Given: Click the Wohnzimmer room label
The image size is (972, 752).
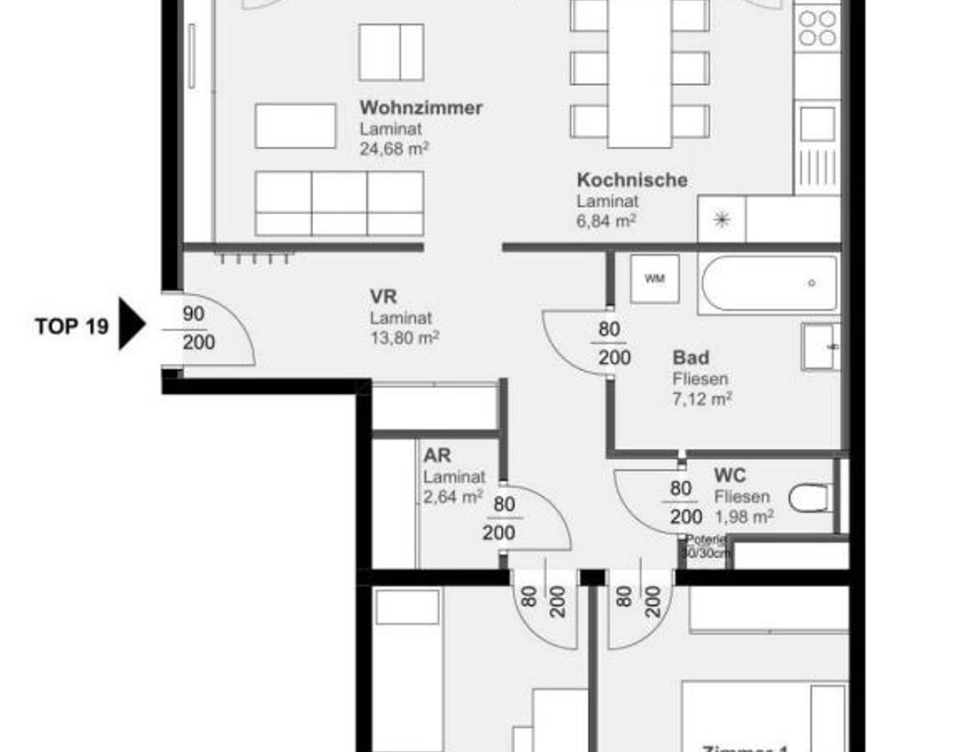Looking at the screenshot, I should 421,108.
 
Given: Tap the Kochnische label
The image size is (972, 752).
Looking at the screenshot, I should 631,180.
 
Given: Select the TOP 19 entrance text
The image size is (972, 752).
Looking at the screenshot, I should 72,326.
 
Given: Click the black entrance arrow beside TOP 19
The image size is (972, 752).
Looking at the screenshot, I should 131,324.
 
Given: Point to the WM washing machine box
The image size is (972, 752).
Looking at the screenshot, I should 654,279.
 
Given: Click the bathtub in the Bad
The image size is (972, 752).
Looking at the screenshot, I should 769,284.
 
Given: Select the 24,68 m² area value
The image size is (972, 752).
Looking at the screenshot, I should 394,149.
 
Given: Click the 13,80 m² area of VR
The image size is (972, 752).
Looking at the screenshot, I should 404,338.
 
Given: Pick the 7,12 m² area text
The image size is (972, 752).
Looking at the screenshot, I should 702,399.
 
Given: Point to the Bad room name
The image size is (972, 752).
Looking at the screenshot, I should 690,358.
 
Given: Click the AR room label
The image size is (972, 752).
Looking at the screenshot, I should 437,455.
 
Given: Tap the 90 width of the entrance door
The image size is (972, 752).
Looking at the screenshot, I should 193,314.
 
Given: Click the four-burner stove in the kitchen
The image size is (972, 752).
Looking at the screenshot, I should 817,28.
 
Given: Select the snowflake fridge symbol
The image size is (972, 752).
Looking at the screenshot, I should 722,220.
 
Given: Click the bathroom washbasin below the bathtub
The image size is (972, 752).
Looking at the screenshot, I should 820,347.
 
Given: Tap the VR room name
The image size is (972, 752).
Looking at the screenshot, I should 383,297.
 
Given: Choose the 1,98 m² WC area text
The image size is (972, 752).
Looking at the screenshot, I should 744,516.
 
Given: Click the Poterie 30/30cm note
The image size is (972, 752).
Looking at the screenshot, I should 705,546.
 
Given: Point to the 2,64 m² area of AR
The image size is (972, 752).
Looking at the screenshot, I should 453,497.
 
